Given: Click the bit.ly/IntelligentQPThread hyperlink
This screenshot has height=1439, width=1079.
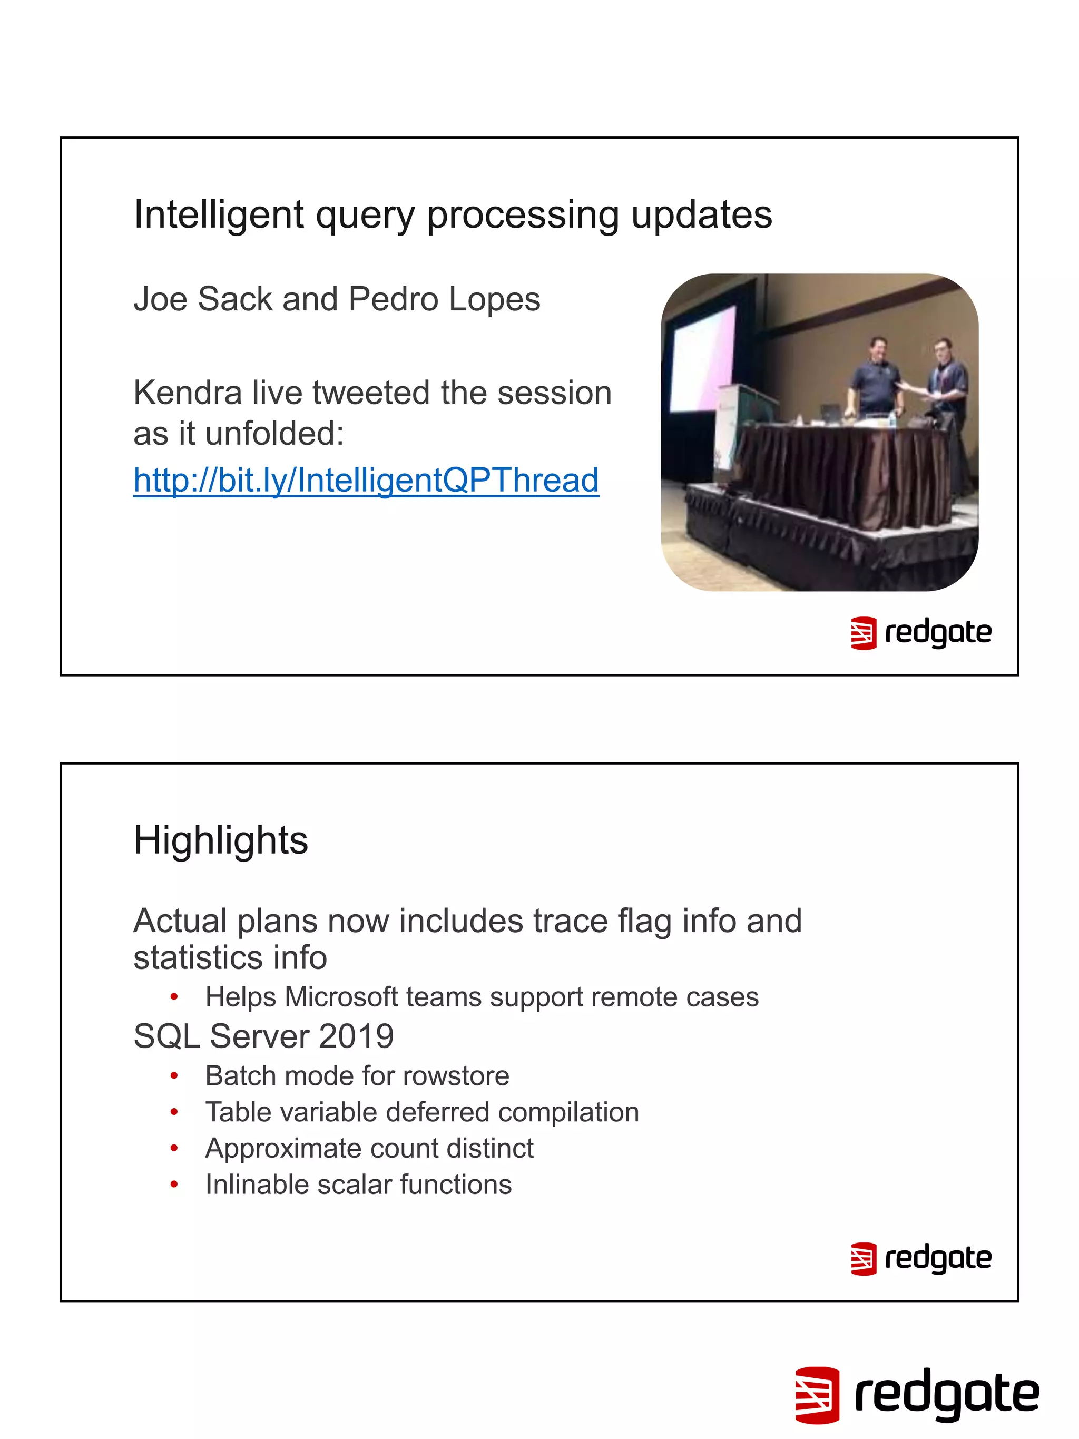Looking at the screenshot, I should [366, 480].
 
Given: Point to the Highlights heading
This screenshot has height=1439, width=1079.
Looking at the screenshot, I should [220, 840].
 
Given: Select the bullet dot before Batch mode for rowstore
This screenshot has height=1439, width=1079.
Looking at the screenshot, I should [174, 1076].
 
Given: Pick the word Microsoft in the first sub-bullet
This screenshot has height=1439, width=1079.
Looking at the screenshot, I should [341, 997].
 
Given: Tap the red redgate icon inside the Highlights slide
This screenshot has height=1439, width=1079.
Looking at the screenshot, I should [863, 1259].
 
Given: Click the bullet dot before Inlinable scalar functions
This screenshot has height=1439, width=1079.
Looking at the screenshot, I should [174, 1185].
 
